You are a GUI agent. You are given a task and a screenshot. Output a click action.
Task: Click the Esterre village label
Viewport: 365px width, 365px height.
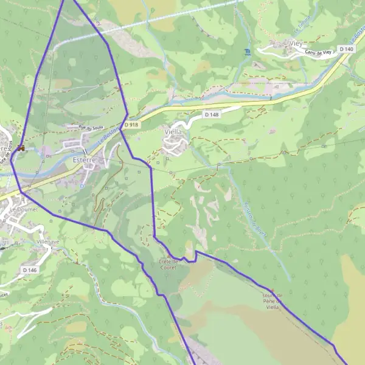(84, 160)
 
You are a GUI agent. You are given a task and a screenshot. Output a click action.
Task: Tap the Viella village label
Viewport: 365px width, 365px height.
(173, 131)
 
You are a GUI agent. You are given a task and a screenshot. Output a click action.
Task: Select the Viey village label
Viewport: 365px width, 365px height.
(296, 43)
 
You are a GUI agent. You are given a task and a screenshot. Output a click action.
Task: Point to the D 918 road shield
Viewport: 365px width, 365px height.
(131, 125)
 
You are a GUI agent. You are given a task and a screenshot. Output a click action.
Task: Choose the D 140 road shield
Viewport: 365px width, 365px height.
(346, 49)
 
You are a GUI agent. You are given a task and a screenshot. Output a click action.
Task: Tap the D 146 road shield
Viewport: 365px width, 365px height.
(29, 269)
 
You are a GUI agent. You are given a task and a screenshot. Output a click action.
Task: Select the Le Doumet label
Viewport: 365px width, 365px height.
(24, 209)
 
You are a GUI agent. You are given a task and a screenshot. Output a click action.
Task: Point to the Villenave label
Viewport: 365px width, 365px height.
(47, 242)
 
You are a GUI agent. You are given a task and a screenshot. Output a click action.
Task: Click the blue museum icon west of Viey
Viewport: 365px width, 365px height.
(246, 52)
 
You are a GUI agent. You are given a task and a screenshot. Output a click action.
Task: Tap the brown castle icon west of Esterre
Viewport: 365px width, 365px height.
(21, 147)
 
